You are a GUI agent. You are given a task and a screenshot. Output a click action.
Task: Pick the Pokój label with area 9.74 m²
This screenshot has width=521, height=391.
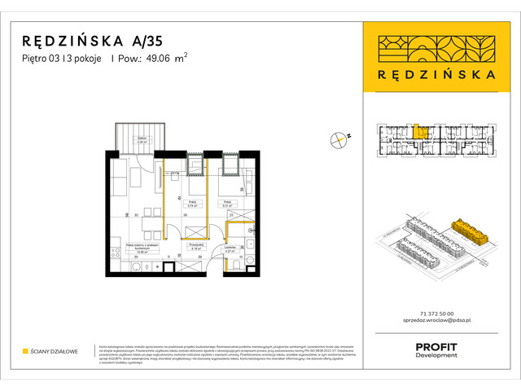coord(194,205)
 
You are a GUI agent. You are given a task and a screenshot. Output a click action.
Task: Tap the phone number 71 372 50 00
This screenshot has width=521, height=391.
coord(438,314)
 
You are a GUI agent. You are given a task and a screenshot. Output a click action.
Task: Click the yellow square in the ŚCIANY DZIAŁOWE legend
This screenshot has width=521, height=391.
coord(25,352)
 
